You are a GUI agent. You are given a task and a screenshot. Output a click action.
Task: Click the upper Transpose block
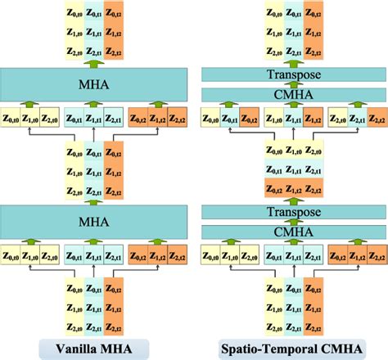[x=295, y=74]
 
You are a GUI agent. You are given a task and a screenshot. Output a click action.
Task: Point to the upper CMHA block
[x=295, y=95]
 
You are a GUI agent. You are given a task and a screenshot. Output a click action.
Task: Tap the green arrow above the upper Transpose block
[x=295, y=62]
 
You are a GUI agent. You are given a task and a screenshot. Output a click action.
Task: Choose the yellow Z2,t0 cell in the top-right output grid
[x=275, y=51]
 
